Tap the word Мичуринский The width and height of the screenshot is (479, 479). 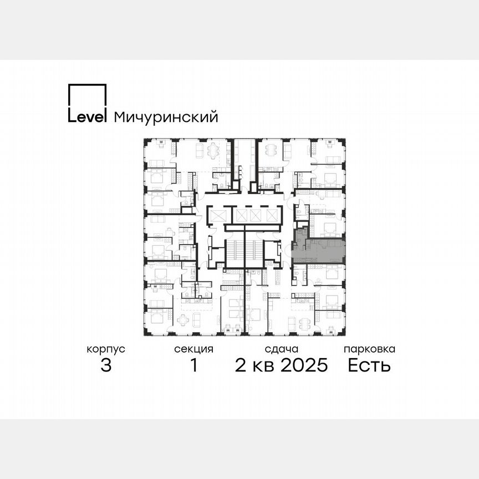[165, 118]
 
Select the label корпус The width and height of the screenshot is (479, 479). [106, 349]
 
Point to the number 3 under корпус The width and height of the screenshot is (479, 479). [106, 366]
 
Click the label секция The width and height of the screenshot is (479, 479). [193, 349]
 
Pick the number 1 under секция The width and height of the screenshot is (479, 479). [193, 366]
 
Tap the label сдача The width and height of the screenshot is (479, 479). [282, 349]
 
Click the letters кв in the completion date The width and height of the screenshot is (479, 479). [263, 366]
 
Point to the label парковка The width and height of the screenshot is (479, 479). [369, 349]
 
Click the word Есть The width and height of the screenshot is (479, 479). [369, 366]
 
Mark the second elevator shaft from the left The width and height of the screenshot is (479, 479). [242, 215]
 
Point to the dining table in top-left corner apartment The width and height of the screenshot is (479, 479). [215, 150]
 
